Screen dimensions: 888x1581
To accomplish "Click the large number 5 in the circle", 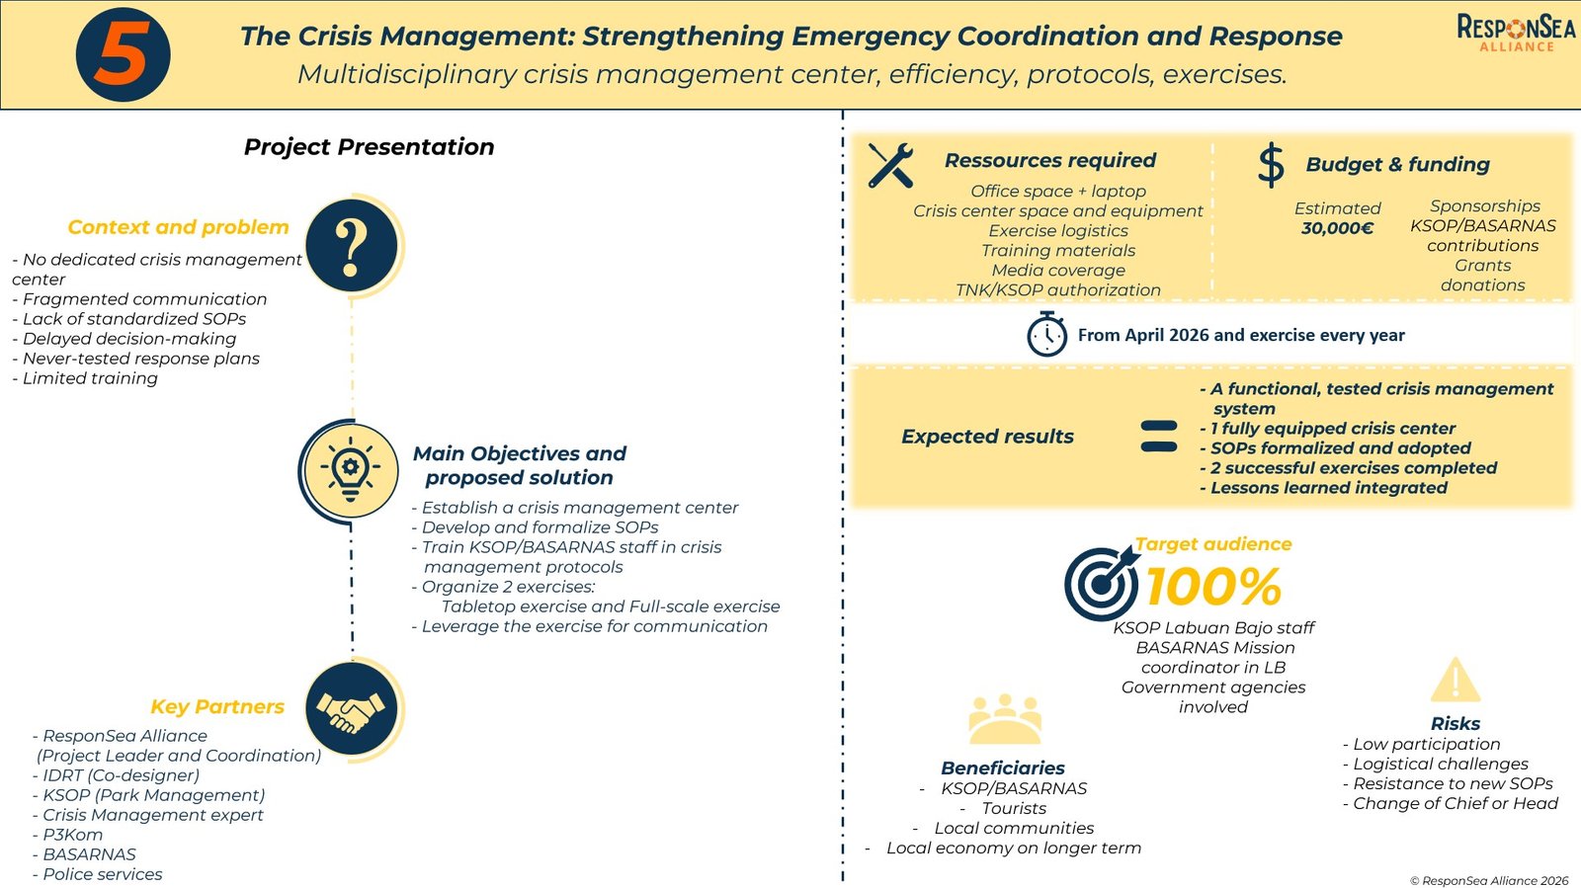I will coord(123,54).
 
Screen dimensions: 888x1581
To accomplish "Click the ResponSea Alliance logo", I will coord(1516,32).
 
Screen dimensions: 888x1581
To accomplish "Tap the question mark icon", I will coord(351,246).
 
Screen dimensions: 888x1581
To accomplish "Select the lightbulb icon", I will coord(350,470).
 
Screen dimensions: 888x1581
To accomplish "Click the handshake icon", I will coord(351,709).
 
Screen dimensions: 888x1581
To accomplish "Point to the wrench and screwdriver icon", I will coord(890,165).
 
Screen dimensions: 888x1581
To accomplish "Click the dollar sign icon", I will coord(1271,165).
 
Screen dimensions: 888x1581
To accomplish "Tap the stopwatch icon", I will coord(1046,334).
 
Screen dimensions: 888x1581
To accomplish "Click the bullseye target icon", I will coord(1100,583).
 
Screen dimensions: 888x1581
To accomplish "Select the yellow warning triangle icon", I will coord(1455,682).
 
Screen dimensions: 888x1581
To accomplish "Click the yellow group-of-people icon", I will coord(1004,719).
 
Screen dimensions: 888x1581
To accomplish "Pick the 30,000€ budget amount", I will coord(1337,228).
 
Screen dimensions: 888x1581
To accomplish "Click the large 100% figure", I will coord(1213,587).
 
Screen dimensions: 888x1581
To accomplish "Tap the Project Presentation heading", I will coord(369,147).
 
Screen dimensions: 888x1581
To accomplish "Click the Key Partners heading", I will coord(217,706).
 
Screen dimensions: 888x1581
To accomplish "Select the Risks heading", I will coord(1456,723).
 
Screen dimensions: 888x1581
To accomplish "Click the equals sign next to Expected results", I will coord(1158,437).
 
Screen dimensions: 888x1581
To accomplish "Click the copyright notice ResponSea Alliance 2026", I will coord(1489,880).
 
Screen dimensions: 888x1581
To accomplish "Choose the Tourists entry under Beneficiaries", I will coord(1014,808).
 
